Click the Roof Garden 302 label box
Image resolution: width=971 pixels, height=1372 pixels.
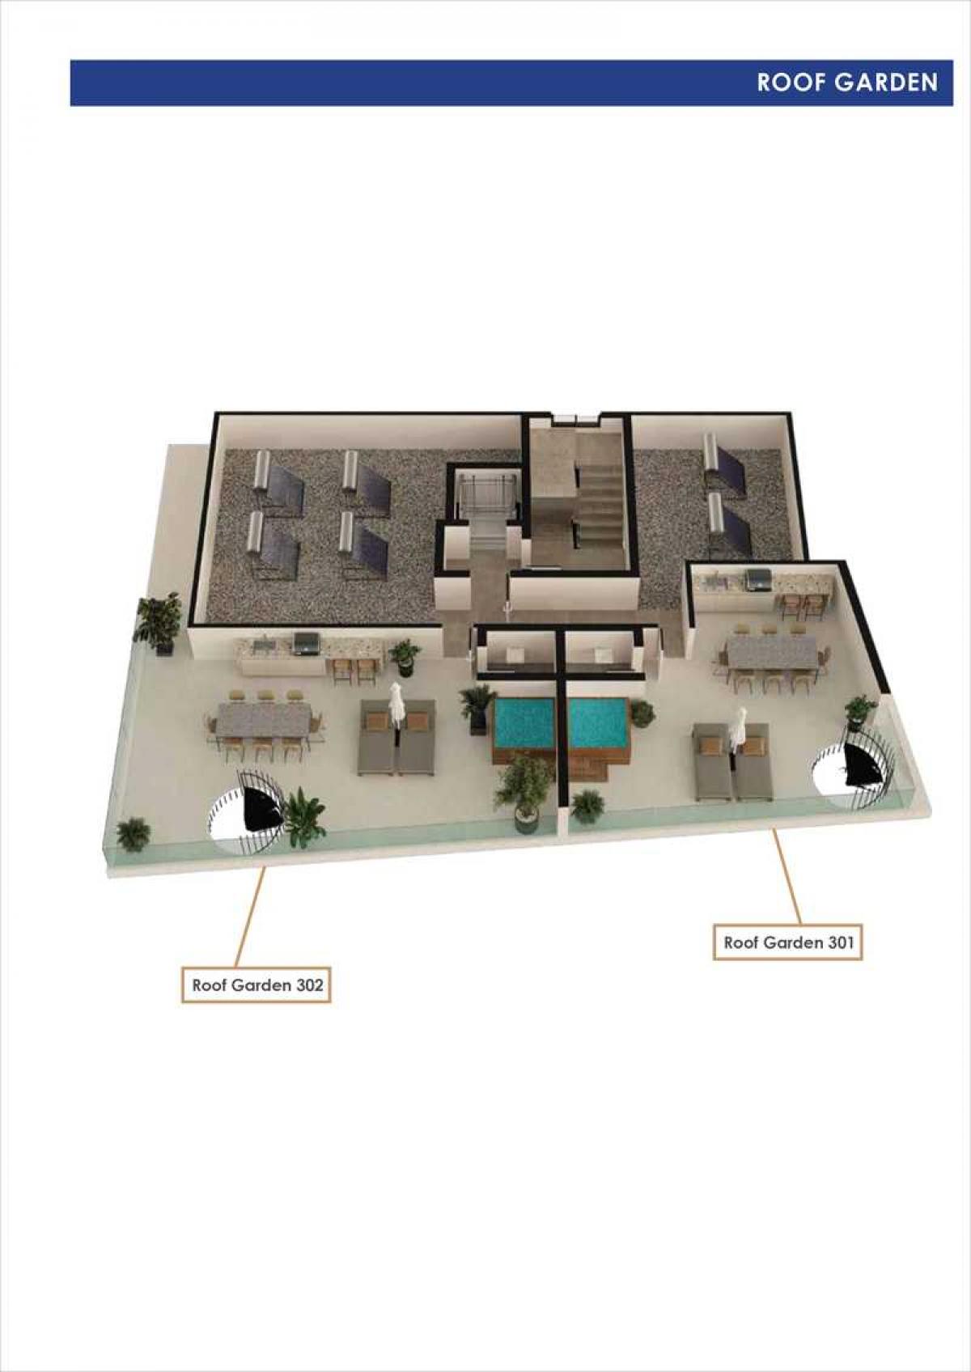click(256, 985)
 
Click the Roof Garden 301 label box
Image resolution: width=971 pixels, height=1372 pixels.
click(788, 942)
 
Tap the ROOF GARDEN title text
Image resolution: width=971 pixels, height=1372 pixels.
click(847, 83)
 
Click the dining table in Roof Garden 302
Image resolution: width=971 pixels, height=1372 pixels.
click(263, 718)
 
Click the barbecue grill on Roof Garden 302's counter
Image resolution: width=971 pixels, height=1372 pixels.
click(306, 643)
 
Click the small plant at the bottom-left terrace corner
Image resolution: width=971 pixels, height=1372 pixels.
click(133, 834)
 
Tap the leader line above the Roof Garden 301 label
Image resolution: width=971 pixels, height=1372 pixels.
click(787, 876)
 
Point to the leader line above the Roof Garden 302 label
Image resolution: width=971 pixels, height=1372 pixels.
click(250, 917)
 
